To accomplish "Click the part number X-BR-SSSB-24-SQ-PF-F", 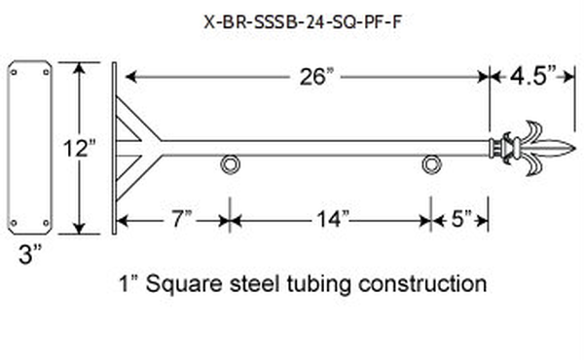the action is coord(303,22).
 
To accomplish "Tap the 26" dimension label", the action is coord(314,77).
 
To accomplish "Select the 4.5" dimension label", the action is coord(533,76).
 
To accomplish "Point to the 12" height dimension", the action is coord(79,148).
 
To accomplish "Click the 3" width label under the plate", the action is coord(30,255).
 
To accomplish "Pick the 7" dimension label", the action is coord(181,219).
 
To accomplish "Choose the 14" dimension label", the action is coord(333,219).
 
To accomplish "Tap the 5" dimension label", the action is coord(461,219).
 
